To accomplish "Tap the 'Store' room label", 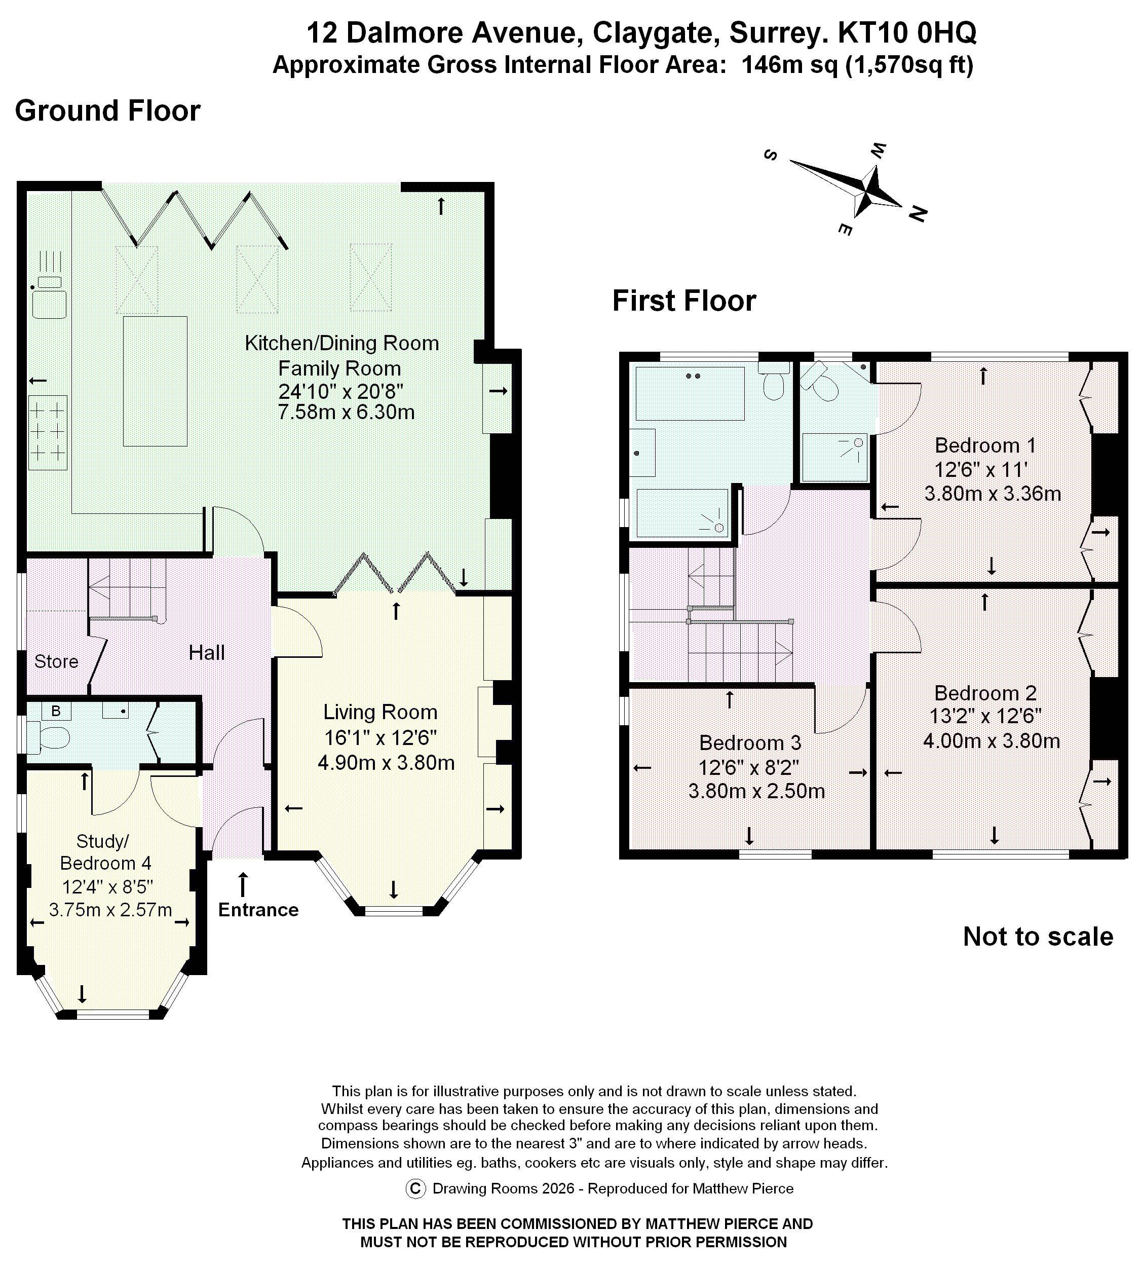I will pyautogui.click(x=56, y=661).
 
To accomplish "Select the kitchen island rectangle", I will pyautogui.click(x=155, y=381).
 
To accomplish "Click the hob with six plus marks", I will pyautogui.click(x=48, y=432).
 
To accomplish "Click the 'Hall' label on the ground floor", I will pyautogui.click(x=206, y=653).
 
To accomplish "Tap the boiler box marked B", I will pyautogui.click(x=56, y=711).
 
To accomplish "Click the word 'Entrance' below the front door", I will pyautogui.click(x=258, y=909).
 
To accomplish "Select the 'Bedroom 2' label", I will pyautogui.click(x=985, y=693).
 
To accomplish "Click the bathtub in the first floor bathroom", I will pyautogui.click(x=690, y=393).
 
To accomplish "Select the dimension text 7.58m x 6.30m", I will pyautogui.click(x=346, y=413).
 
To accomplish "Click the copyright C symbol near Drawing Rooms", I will pyautogui.click(x=415, y=1188).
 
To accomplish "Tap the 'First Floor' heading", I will pyautogui.click(x=684, y=301).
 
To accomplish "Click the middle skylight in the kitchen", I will pyautogui.click(x=257, y=279).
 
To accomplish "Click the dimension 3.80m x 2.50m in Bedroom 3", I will pyautogui.click(x=756, y=791).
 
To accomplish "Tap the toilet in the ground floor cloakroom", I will pyautogui.click(x=50, y=738).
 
